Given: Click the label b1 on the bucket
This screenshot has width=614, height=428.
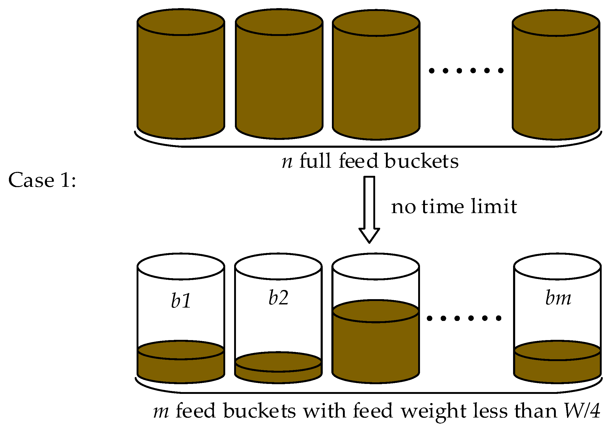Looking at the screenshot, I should click(x=181, y=300).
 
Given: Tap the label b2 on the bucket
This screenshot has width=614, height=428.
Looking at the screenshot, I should click(x=278, y=297).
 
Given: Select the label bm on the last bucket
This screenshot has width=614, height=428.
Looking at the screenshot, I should click(x=558, y=297).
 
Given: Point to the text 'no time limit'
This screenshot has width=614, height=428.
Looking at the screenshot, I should click(x=454, y=206).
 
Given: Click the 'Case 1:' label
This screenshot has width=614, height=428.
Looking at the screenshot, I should click(x=42, y=180).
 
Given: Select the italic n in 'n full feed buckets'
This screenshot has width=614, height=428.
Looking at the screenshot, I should click(x=287, y=162).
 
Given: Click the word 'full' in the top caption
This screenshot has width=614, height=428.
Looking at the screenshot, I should click(x=315, y=161).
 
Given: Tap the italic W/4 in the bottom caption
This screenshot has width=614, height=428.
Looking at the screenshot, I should click(x=582, y=411).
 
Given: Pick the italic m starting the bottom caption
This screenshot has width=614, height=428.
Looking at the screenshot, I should click(x=161, y=411).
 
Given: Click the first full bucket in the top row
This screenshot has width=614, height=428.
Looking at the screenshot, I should click(x=181, y=80).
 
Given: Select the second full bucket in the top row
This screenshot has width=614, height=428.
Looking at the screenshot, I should click(x=279, y=80).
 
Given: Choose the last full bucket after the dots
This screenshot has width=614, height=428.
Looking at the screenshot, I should click(x=556, y=80).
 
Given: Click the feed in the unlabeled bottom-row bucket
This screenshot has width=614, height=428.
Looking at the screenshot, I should click(x=375, y=348).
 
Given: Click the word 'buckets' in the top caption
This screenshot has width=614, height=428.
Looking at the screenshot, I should click(x=422, y=161).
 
